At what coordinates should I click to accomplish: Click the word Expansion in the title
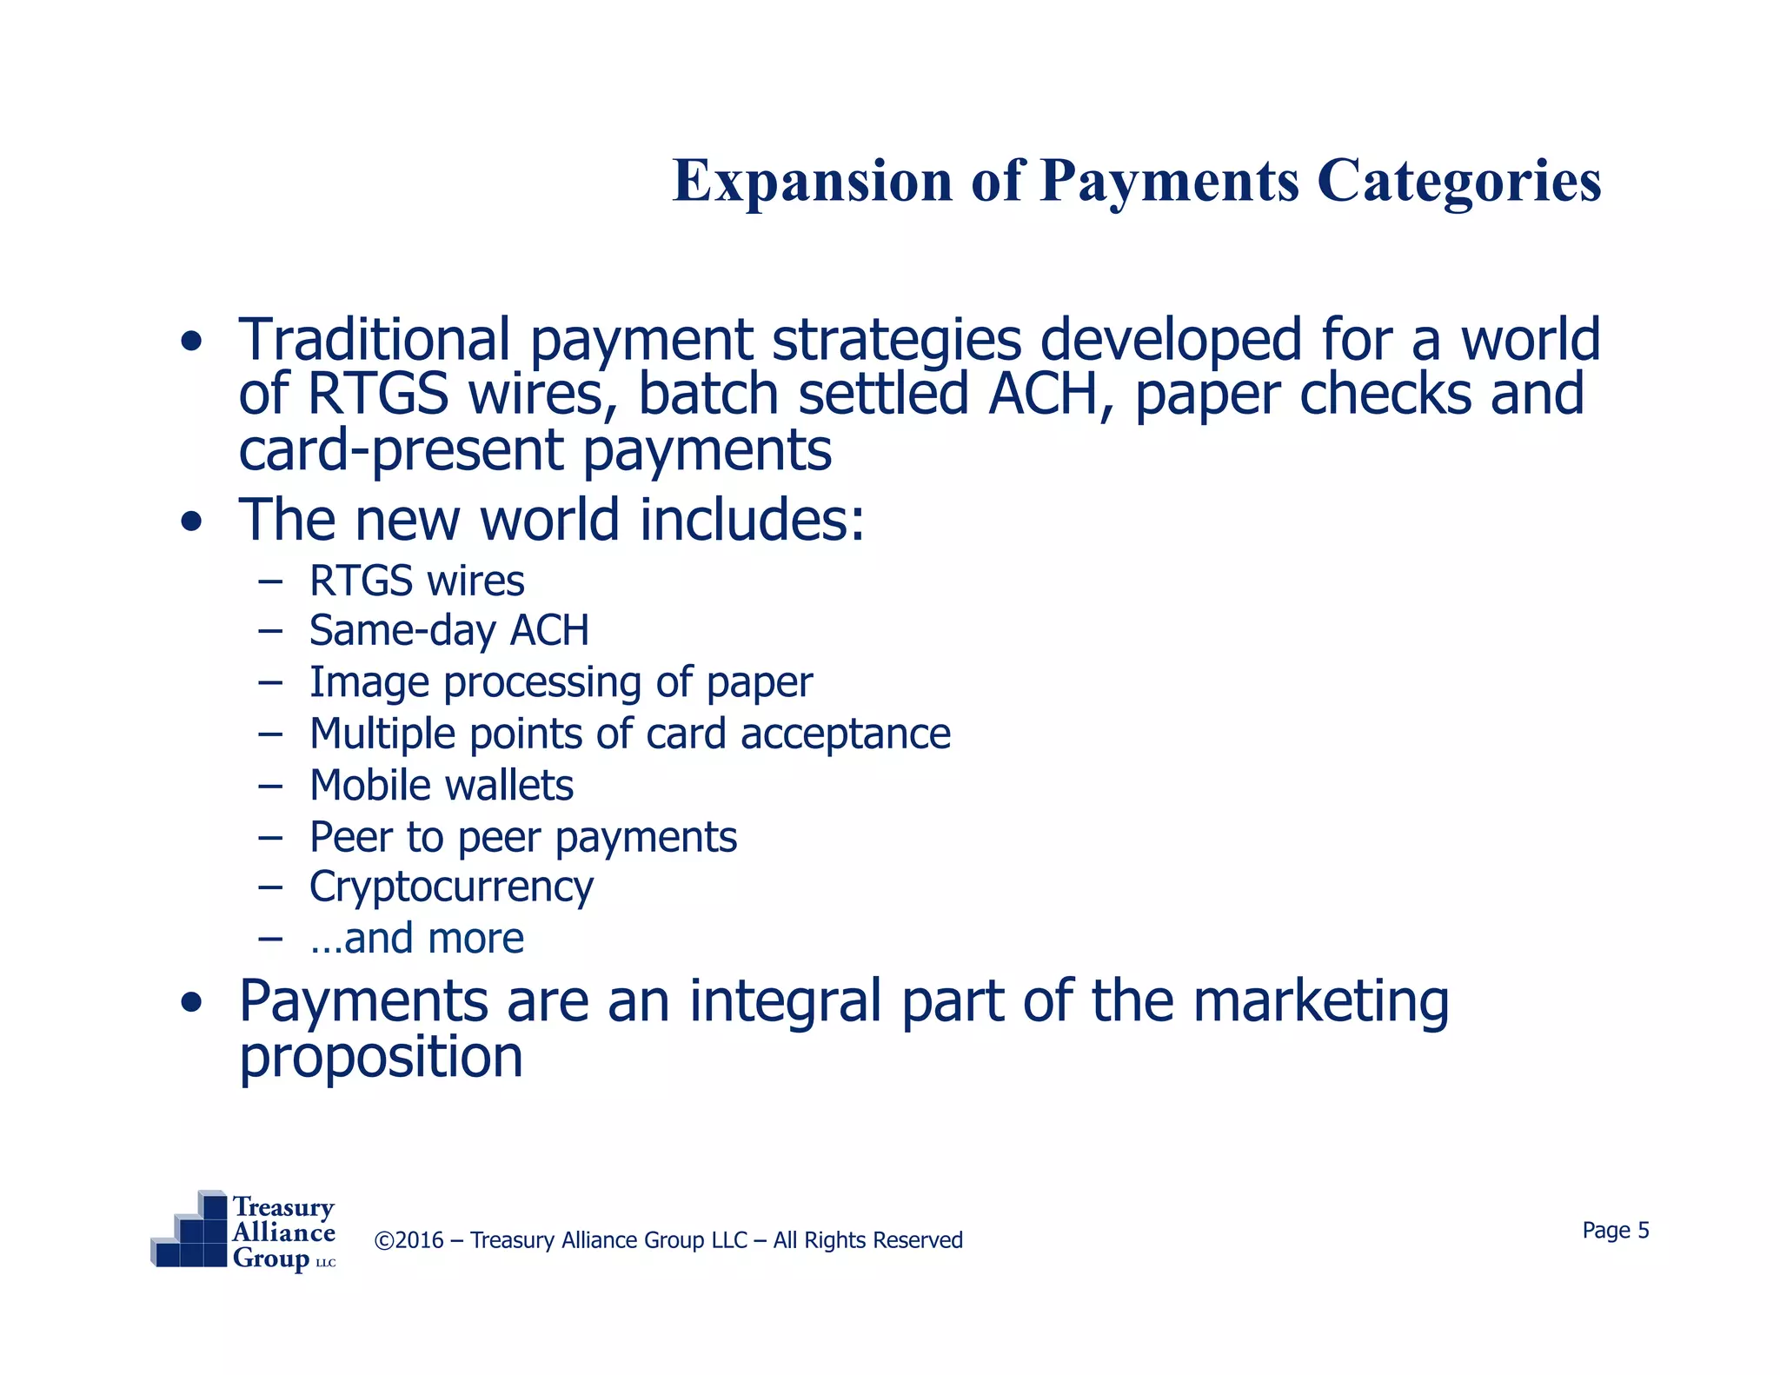pyautogui.click(x=813, y=182)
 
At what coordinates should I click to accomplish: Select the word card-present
pyautogui.click(x=401, y=450)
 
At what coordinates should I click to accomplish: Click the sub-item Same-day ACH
pyautogui.click(x=448, y=630)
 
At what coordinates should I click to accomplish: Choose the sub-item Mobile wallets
pyautogui.click(x=441, y=786)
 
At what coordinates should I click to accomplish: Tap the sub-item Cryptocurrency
pyautogui.click(x=451, y=887)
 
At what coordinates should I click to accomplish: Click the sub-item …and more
pyautogui.click(x=416, y=939)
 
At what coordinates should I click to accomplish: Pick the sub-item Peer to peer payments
pyautogui.click(x=523, y=838)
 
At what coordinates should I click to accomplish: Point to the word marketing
pyautogui.click(x=1320, y=1001)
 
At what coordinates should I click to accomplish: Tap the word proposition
pyautogui.click(x=381, y=1058)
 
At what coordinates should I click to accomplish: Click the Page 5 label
pyautogui.click(x=1615, y=1231)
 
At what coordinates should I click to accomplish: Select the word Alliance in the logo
pyautogui.click(x=283, y=1232)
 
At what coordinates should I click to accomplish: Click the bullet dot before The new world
pyautogui.click(x=191, y=521)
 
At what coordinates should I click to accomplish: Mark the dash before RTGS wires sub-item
pyautogui.click(x=270, y=581)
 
